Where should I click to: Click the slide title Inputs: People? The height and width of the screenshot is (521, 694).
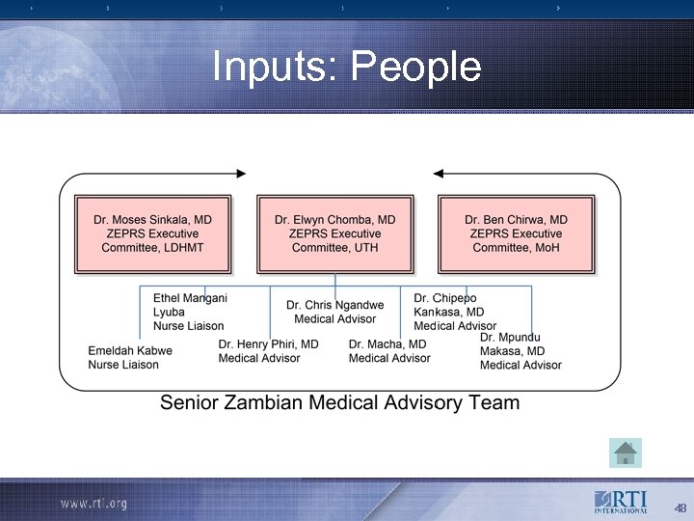[346, 67]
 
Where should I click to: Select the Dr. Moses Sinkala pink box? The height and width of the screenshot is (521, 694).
[152, 233]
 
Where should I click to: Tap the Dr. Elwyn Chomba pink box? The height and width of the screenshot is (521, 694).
[334, 233]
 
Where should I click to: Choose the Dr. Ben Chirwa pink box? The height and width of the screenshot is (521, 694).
[516, 233]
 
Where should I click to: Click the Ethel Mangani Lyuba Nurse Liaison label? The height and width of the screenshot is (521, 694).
[190, 313]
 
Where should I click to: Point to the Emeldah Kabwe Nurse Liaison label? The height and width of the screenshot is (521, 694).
[130, 358]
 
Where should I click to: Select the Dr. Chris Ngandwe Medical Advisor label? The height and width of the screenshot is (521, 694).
[334, 312]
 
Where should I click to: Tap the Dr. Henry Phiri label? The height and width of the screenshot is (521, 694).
[268, 351]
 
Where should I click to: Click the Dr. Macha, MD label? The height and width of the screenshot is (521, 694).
[388, 351]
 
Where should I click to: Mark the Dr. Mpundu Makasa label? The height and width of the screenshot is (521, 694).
[520, 351]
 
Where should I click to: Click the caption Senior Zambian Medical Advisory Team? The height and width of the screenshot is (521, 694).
[339, 402]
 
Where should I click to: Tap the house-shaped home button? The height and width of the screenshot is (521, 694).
[625, 451]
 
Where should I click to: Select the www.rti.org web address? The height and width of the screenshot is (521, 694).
[93, 504]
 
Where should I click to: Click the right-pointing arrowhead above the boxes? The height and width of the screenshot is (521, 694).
[240, 174]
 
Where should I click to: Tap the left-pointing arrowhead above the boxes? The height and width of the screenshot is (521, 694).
[439, 174]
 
